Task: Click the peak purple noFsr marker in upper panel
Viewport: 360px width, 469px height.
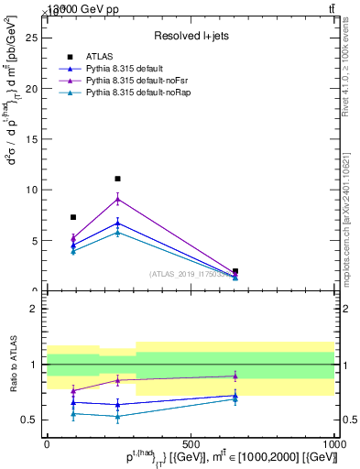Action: click(x=118, y=199)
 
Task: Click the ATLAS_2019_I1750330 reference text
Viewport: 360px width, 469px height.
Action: click(x=191, y=274)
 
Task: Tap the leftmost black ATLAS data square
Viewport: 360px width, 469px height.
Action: click(x=73, y=217)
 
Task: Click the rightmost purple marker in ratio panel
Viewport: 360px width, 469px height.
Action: click(x=235, y=376)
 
